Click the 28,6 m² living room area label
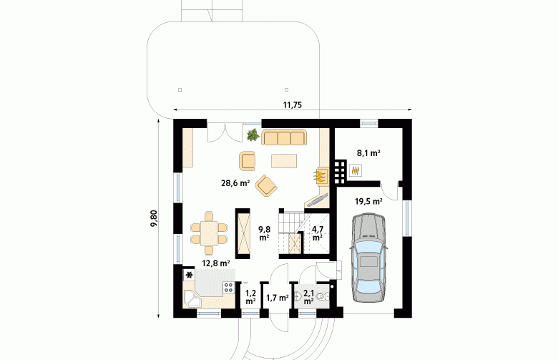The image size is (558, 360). (x=235, y=183)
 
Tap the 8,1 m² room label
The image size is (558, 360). (x=368, y=153)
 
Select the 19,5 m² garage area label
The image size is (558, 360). (x=368, y=201)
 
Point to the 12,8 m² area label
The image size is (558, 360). (x=215, y=263)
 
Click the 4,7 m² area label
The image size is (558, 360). (x=318, y=233)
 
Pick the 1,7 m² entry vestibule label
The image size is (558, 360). (x=278, y=298)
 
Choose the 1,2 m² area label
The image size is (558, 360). (x=250, y=297)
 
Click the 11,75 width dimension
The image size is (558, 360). (x=292, y=104)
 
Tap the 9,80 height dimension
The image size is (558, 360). (x=154, y=218)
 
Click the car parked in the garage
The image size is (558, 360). (x=368, y=258)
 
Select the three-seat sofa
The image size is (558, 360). (x=284, y=137)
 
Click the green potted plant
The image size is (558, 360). (x=253, y=135)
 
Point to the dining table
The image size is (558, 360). (x=209, y=233)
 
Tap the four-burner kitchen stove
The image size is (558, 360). (x=228, y=288)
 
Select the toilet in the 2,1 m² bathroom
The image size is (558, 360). (x=323, y=296)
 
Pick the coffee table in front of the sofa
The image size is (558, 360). (x=284, y=160)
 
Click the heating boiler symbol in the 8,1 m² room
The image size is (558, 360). (x=355, y=170)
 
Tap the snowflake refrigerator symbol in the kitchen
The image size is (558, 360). (x=190, y=275)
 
